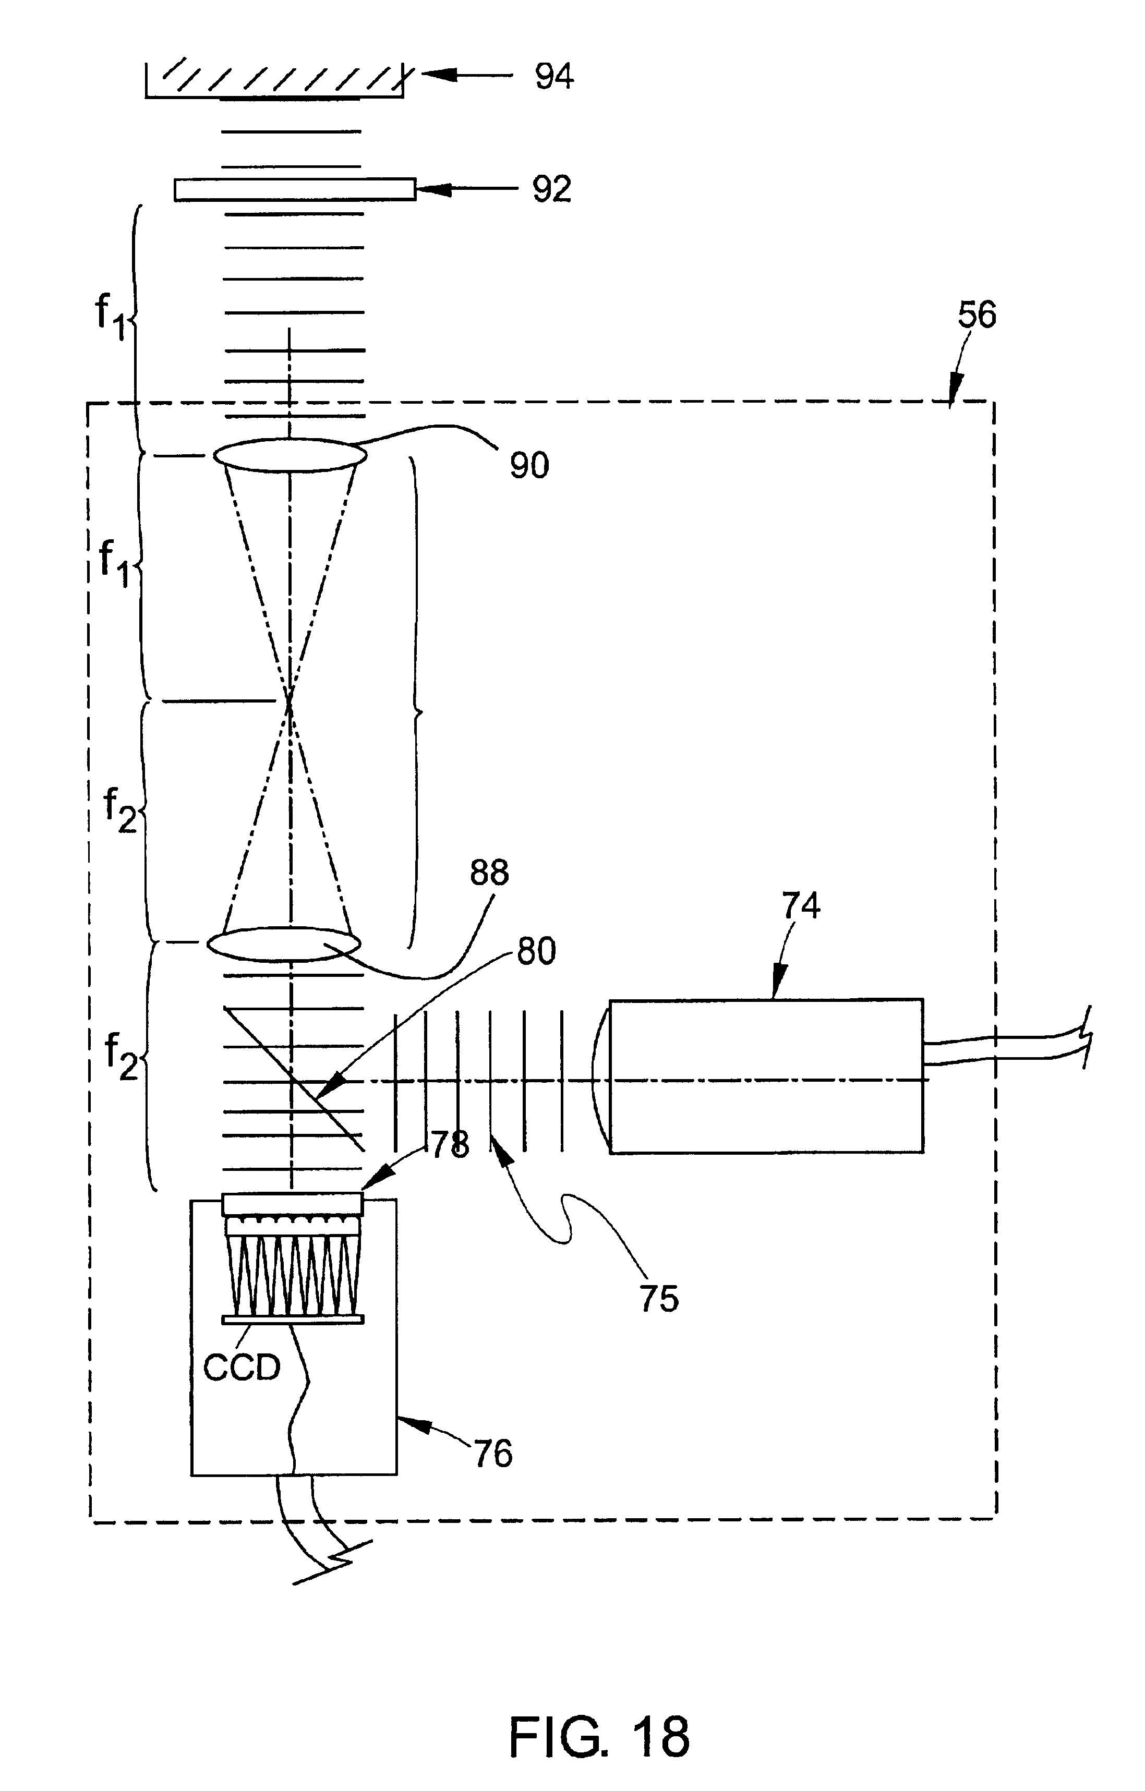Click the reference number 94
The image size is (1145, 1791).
click(555, 77)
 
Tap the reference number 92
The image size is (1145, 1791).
click(551, 190)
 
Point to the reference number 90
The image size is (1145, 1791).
click(529, 466)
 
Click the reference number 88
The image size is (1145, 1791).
click(489, 873)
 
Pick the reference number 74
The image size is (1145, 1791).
click(801, 906)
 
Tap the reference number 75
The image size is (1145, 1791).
click(659, 1299)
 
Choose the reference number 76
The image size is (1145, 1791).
click(493, 1454)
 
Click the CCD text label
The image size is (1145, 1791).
click(242, 1367)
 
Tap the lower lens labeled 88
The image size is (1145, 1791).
click(283, 943)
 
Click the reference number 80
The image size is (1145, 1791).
click(536, 952)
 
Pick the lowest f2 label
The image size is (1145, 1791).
click(121, 1057)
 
